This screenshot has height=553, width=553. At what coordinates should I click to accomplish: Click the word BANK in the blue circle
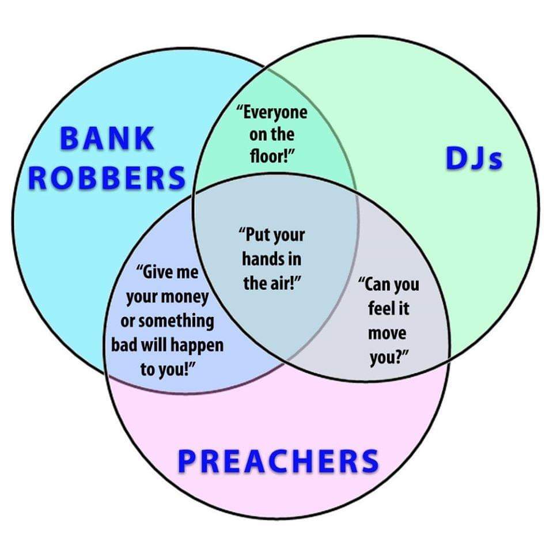coord(108,138)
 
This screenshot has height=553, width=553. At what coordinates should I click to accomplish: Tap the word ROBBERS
coord(107,177)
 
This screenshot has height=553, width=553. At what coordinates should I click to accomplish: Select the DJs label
coord(474,158)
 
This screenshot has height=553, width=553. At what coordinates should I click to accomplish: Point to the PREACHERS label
coord(278,461)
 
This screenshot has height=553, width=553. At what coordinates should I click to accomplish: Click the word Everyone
coord(274,112)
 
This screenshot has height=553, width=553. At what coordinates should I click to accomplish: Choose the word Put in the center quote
coord(255,235)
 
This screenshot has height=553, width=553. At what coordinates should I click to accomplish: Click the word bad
coord(125,345)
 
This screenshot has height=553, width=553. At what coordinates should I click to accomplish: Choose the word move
coord(387,333)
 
